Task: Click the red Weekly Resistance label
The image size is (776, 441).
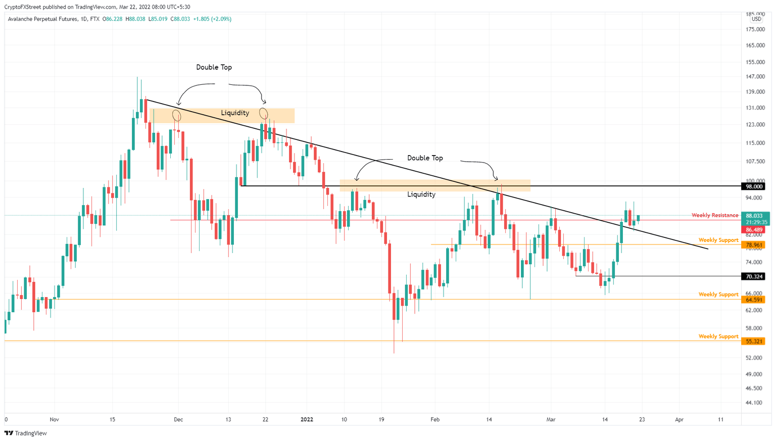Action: (x=714, y=215)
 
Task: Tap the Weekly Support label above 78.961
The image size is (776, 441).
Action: (x=718, y=240)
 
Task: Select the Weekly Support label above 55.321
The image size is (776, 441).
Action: (x=718, y=336)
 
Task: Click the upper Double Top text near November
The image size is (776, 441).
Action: (x=214, y=67)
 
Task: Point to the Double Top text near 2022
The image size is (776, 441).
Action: (x=425, y=158)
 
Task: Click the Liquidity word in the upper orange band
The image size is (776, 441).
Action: (x=235, y=113)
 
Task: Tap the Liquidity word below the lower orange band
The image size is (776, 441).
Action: (x=421, y=194)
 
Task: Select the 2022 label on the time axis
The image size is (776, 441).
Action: (x=307, y=419)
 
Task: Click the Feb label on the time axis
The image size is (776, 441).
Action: (x=435, y=419)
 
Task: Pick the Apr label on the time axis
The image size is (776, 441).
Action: (x=679, y=419)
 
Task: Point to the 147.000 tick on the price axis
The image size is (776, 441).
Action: (x=755, y=77)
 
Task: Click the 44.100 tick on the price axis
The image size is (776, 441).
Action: (x=755, y=403)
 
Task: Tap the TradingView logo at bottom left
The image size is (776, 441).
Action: (x=26, y=433)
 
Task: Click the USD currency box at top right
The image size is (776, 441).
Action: (x=756, y=19)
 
